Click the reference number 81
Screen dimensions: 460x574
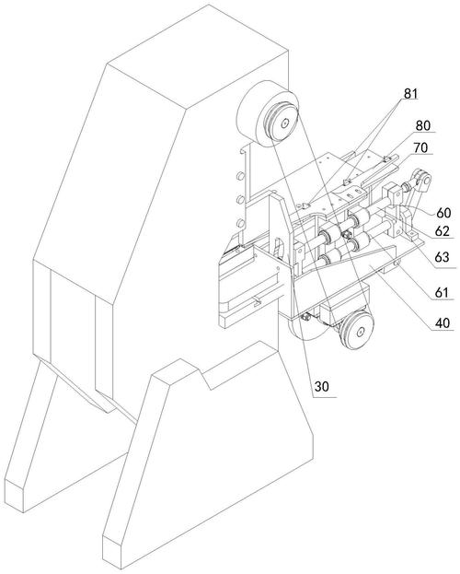point(410,94)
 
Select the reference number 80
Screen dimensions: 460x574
point(422,125)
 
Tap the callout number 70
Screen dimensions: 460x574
point(420,148)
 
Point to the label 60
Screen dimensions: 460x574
point(443,212)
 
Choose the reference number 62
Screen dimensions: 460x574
point(442,231)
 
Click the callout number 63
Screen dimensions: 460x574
point(442,257)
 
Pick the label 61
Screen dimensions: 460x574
point(442,292)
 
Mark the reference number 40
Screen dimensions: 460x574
point(443,322)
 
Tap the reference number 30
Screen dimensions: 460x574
point(322,387)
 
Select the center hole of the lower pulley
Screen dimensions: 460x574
point(360,332)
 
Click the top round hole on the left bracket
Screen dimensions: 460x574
point(240,176)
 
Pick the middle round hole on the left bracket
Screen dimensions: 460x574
point(240,199)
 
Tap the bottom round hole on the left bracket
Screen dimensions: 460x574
point(240,223)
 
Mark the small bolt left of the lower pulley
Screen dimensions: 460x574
point(305,317)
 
